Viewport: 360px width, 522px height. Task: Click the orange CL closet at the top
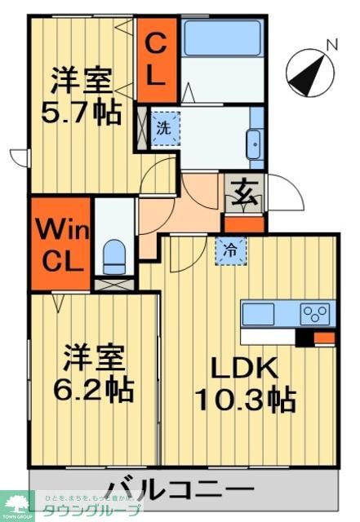157,58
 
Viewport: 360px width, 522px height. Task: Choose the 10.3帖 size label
245,400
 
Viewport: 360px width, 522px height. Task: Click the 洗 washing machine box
164,128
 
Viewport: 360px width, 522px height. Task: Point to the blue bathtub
221,39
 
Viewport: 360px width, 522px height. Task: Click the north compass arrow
305,73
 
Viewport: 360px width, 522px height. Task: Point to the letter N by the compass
331,45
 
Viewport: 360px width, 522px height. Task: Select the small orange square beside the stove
325,338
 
